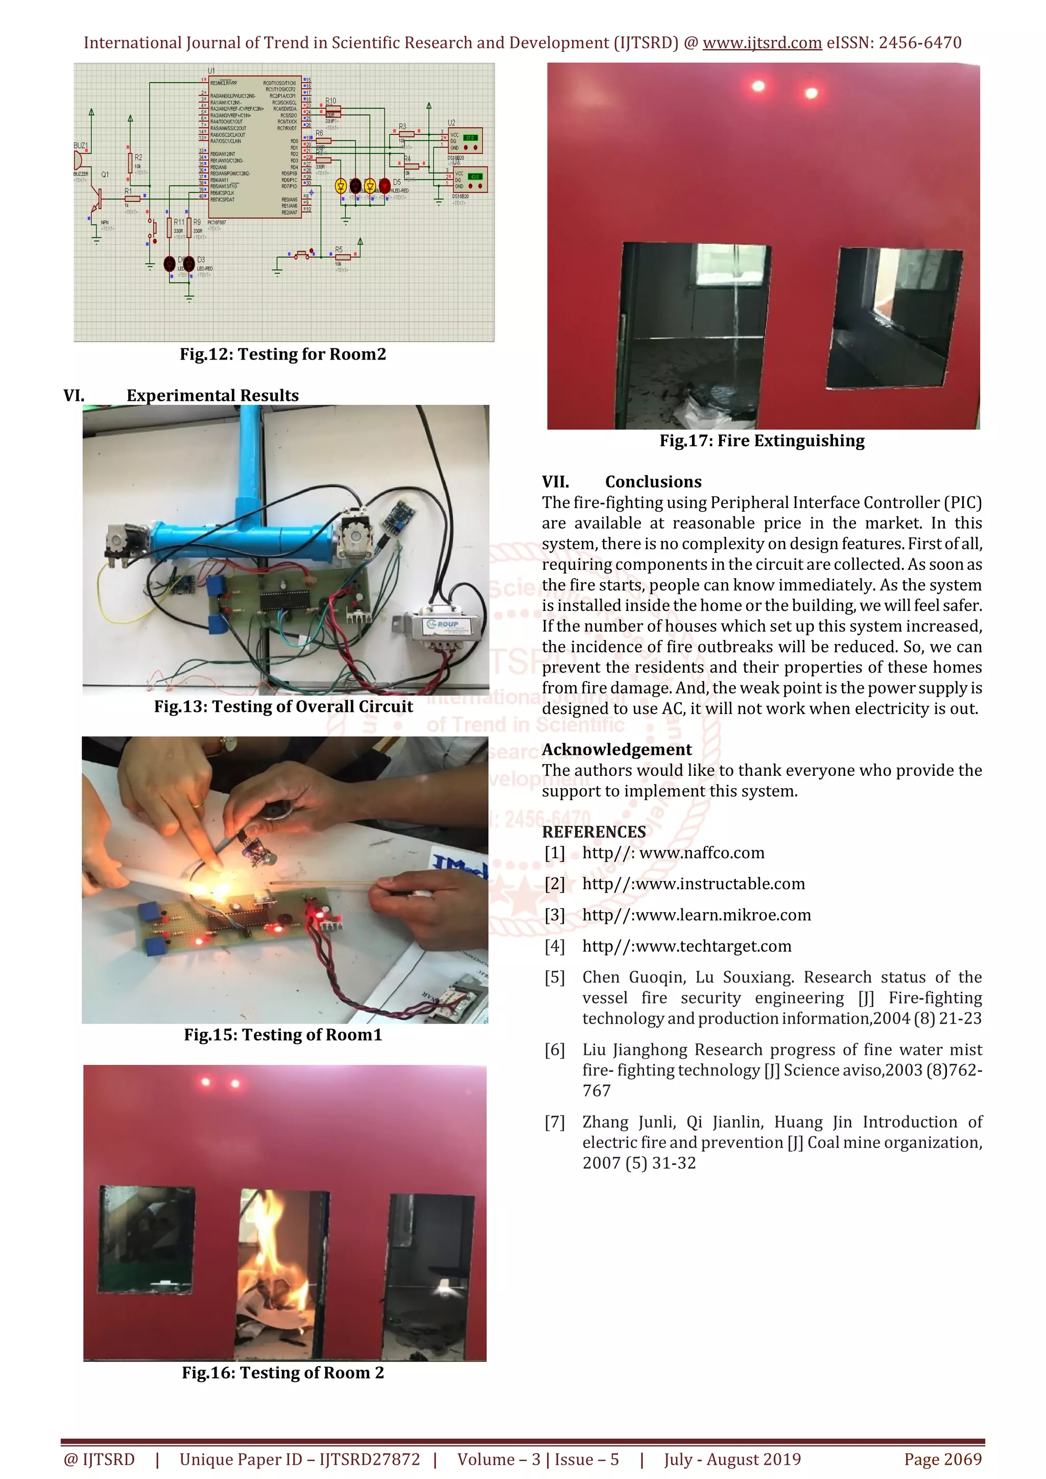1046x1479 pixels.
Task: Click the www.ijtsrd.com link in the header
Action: pos(762,43)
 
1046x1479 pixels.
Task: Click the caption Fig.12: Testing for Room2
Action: pos(283,354)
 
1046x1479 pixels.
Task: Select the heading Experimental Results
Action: pos(212,395)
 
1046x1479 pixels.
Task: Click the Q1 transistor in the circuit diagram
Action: pos(97,200)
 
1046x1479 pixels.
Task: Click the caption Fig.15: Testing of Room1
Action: pos(283,1035)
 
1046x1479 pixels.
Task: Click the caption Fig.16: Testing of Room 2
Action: pos(283,1373)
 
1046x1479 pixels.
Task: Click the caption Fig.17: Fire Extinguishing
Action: pos(762,441)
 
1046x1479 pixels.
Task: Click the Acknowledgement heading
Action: pos(616,749)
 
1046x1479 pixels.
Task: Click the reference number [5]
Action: pos(555,977)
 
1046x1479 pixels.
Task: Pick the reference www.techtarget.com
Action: pos(686,946)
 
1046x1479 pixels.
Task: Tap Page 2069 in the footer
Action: pos(942,1459)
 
